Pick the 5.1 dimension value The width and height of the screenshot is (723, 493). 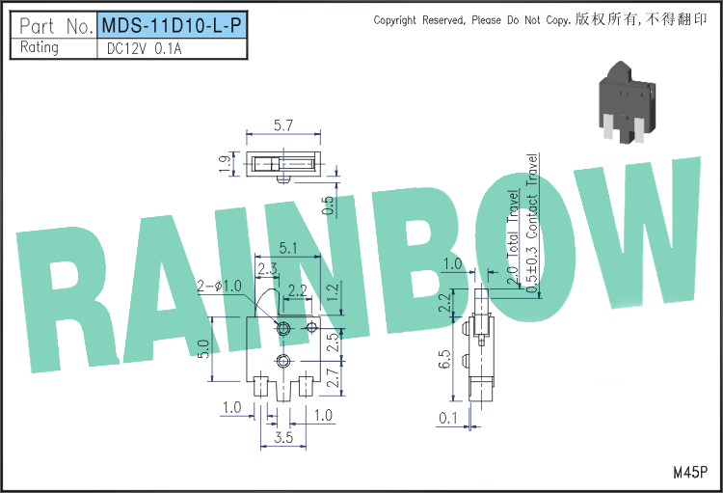tap(288, 249)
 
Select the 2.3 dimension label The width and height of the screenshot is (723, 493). tap(267, 269)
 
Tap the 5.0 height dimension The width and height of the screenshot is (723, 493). tap(203, 348)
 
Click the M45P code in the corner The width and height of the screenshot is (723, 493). tap(690, 472)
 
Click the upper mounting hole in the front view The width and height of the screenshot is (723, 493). tap(282, 329)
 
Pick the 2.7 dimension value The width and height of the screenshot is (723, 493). tap(334, 377)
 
